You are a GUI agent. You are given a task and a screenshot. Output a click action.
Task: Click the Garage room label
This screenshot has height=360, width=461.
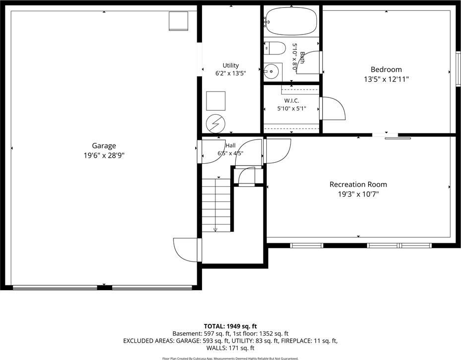click(104, 146)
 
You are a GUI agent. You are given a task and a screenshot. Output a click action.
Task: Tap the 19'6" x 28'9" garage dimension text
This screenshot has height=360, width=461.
click(104, 155)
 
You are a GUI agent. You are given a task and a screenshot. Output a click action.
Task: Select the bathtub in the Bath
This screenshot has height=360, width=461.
click(291, 21)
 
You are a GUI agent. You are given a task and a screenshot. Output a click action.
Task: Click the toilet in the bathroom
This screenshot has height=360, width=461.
click(275, 48)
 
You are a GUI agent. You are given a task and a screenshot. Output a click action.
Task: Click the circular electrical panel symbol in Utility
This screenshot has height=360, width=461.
click(215, 124)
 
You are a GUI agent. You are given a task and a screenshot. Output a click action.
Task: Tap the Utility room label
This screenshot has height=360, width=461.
click(230, 65)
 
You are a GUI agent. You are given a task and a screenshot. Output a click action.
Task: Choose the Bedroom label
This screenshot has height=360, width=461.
click(386, 69)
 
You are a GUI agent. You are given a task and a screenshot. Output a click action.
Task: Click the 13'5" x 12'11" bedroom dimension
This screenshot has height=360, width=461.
click(386, 79)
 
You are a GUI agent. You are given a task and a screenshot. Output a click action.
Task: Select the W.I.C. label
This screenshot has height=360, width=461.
click(292, 101)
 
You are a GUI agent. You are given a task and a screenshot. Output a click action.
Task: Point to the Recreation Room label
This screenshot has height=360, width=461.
click(358, 184)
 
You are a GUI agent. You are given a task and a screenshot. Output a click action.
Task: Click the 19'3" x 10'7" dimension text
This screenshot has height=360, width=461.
click(358, 194)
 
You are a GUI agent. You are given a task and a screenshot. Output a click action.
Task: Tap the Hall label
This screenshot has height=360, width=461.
click(230, 145)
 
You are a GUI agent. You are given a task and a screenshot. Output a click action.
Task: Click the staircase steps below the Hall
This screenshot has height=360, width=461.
click(216, 205)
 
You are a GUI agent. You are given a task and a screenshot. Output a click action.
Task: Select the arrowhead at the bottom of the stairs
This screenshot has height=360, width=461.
click(215, 229)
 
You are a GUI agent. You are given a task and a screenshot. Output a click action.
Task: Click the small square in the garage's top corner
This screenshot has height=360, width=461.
click(178, 21)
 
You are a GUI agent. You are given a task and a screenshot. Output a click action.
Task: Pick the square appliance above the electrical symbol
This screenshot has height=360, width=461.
click(216, 101)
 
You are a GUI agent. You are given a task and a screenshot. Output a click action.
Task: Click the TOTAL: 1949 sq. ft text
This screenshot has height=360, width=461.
click(230, 326)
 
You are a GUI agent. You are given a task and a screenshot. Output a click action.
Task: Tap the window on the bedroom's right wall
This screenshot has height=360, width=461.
click(459, 69)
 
